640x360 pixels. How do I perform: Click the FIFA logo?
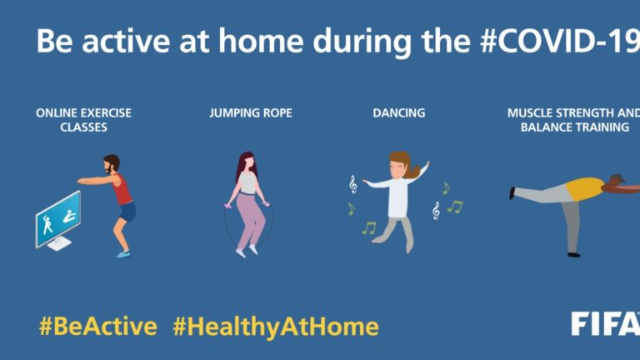(x=606, y=323)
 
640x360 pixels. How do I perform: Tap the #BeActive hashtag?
(x=98, y=327)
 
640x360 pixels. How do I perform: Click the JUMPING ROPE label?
(x=251, y=113)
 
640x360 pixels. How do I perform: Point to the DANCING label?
(x=399, y=113)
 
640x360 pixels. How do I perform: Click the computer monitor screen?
(x=58, y=218)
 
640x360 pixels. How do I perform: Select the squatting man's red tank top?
(x=122, y=189)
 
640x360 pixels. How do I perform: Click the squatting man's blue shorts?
(x=127, y=212)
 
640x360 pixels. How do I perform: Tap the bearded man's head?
(x=111, y=163)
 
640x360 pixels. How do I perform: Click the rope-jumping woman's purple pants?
(x=250, y=220)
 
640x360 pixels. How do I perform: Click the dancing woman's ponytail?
(x=412, y=170)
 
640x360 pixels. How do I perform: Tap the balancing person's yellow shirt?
(x=584, y=189)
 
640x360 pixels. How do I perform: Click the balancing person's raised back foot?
(x=512, y=192)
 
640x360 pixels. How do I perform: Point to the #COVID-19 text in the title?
(x=560, y=41)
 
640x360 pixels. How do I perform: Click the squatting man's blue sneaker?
(x=123, y=254)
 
